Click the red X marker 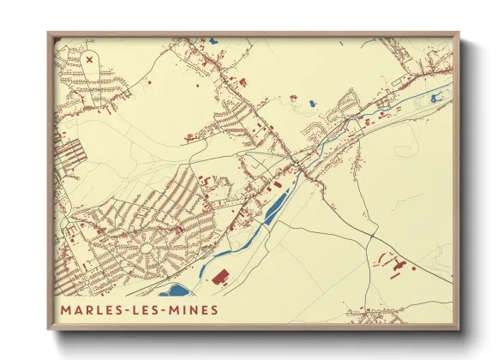[90, 60]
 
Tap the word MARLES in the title [90, 309]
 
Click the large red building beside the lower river [220, 277]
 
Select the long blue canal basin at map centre [276, 207]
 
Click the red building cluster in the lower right [394, 261]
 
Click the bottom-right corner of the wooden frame [459, 328]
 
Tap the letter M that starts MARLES [66, 309]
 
